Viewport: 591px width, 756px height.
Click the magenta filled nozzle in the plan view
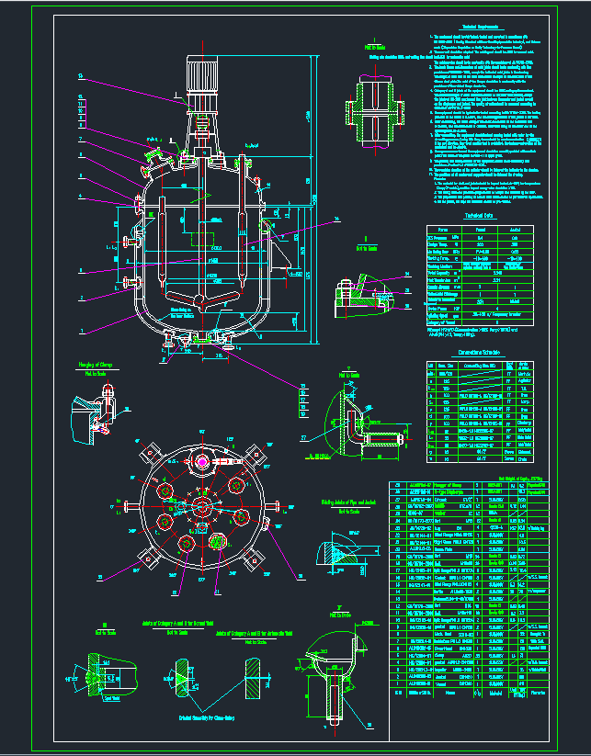click(x=219, y=539)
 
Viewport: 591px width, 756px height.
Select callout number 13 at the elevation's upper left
click(x=80, y=74)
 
